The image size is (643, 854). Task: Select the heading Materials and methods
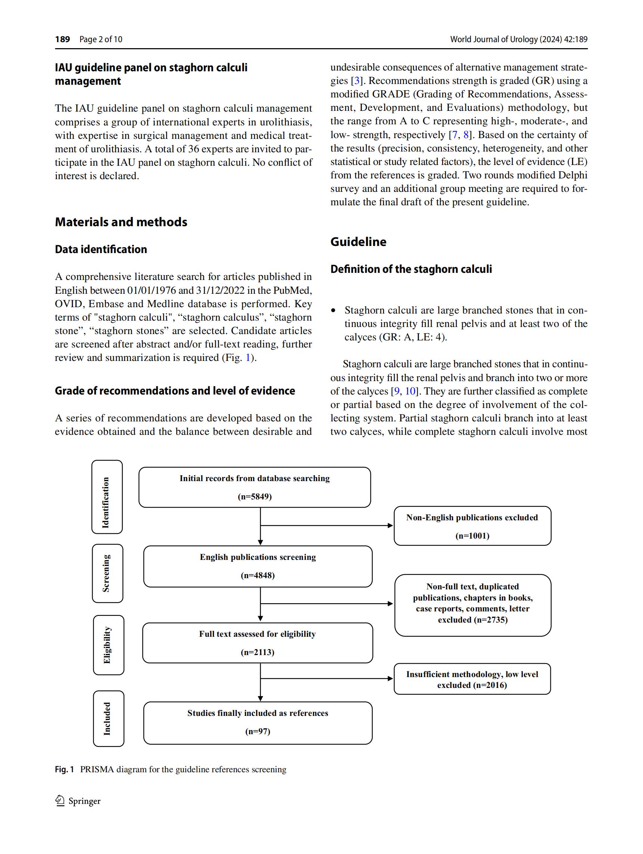point(121,222)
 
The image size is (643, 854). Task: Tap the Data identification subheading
point(101,249)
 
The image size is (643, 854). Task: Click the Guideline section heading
point(358,242)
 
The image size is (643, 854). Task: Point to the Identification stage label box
point(107,497)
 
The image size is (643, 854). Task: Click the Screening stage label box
point(108,573)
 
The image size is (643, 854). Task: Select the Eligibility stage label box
point(109,645)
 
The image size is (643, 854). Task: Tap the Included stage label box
point(109,719)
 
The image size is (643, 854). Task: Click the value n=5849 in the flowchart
point(255,496)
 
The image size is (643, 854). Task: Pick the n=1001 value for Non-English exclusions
point(472,536)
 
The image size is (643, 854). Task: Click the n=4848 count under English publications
point(258,575)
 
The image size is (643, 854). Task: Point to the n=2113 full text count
point(257,652)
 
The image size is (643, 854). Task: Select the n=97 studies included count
point(258,731)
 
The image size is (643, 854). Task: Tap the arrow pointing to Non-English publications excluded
point(390,526)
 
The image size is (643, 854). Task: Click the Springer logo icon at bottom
point(60,801)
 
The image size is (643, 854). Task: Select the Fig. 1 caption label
point(64,769)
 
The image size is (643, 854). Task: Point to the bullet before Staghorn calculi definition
point(334,311)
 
